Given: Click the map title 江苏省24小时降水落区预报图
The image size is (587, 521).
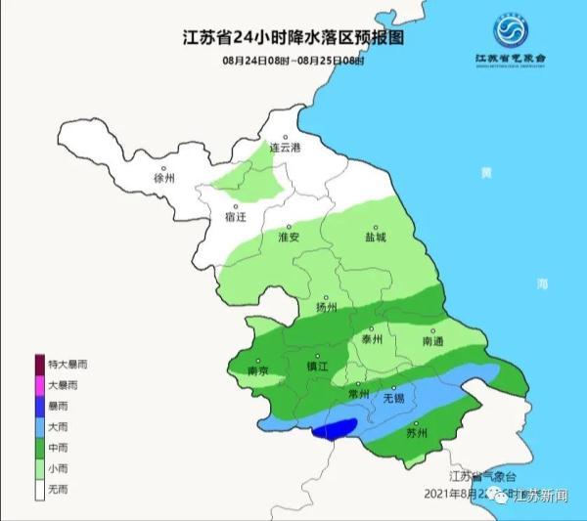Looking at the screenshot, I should point(293,39).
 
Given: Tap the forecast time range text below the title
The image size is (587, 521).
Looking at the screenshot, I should point(293,62).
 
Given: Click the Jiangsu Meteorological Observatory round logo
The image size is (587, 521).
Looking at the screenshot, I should point(509,34).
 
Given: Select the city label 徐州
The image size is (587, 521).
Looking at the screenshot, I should point(163,179).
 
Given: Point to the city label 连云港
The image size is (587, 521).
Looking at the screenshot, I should point(286,148).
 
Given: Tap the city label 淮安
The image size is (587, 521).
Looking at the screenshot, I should point(288,237).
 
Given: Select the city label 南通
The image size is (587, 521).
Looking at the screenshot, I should point(433,341).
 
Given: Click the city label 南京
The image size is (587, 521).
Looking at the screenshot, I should point(258,371).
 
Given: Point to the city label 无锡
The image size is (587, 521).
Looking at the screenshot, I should point(392,399).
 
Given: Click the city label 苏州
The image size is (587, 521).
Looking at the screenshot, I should point(417,433).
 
